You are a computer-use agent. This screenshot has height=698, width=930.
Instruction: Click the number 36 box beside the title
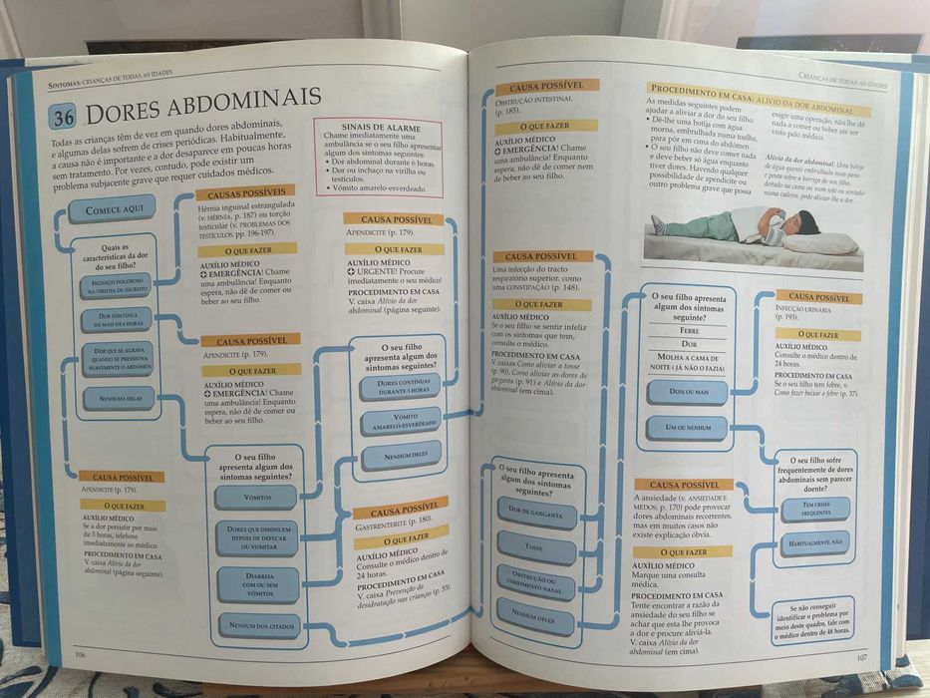(x=64, y=116)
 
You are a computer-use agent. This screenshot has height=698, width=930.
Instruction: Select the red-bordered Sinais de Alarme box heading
(x=378, y=128)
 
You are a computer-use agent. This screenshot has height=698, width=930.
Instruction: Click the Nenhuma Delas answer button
(x=119, y=397)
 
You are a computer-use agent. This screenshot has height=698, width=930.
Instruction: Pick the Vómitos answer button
(x=256, y=497)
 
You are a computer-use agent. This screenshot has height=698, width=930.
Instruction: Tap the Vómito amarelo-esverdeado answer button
(x=400, y=422)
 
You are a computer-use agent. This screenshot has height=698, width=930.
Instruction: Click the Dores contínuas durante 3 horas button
(x=400, y=387)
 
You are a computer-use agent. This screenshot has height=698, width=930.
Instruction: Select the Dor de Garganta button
(x=536, y=513)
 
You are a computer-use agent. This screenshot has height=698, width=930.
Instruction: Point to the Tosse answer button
(x=537, y=547)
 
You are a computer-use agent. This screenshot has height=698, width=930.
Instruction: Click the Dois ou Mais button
(x=688, y=392)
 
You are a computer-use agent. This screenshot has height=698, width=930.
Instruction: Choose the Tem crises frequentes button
(x=814, y=509)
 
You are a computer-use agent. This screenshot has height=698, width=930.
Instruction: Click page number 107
(x=864, y=656)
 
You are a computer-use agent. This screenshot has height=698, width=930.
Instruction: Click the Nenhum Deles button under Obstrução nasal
(x=536, y=615)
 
